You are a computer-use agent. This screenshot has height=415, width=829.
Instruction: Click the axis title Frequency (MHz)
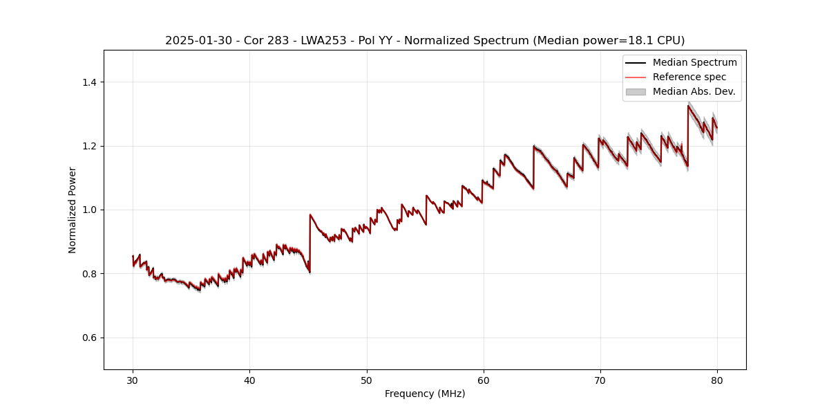click(425, 394)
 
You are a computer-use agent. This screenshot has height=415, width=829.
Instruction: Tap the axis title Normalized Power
click(73, 210)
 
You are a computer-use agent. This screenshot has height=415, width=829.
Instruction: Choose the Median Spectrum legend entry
click(694, 62)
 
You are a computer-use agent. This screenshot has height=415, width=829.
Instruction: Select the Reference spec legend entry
click(689, 77)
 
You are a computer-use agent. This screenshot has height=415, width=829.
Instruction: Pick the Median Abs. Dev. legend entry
click(694, 91)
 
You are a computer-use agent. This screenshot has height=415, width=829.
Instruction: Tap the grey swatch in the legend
click(636, 91)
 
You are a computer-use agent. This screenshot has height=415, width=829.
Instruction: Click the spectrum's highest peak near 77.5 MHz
click(688, 106)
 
